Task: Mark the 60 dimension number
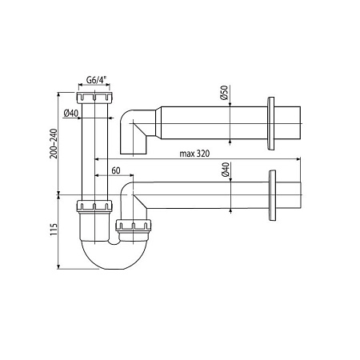pos(117,171)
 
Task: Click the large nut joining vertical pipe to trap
pos(94,210)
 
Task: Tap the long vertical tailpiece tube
pos(95,152)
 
